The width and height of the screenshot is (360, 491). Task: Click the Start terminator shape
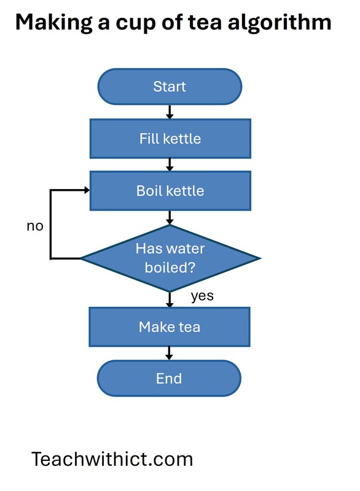[x=170, y=87]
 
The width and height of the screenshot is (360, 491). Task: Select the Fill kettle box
[x=170, y=138]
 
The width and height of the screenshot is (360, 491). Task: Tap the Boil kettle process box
[x=170, y=190]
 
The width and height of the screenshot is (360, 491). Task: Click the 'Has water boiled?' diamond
[x=170, y=258]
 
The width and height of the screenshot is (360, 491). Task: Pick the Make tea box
[x=170, y=327]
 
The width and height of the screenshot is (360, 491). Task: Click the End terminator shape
[x=170, y=378]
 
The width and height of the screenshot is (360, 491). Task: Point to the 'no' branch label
[x=35, y=226]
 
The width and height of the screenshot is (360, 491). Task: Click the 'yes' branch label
[x=202, y=296]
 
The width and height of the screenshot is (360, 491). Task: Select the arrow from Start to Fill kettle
[x=170, y=112]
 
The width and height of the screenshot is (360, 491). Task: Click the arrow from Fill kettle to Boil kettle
[x=170, y=164]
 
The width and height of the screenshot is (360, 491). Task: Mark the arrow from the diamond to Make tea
[x=170, y=299]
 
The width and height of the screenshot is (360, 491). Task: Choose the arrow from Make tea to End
[x=170, y=353]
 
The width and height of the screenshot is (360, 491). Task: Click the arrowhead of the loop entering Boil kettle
[x=86, y=190]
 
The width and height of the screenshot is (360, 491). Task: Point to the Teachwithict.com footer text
[x=112, y=458]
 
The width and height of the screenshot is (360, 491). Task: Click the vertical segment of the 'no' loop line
[x=50, y=224]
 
